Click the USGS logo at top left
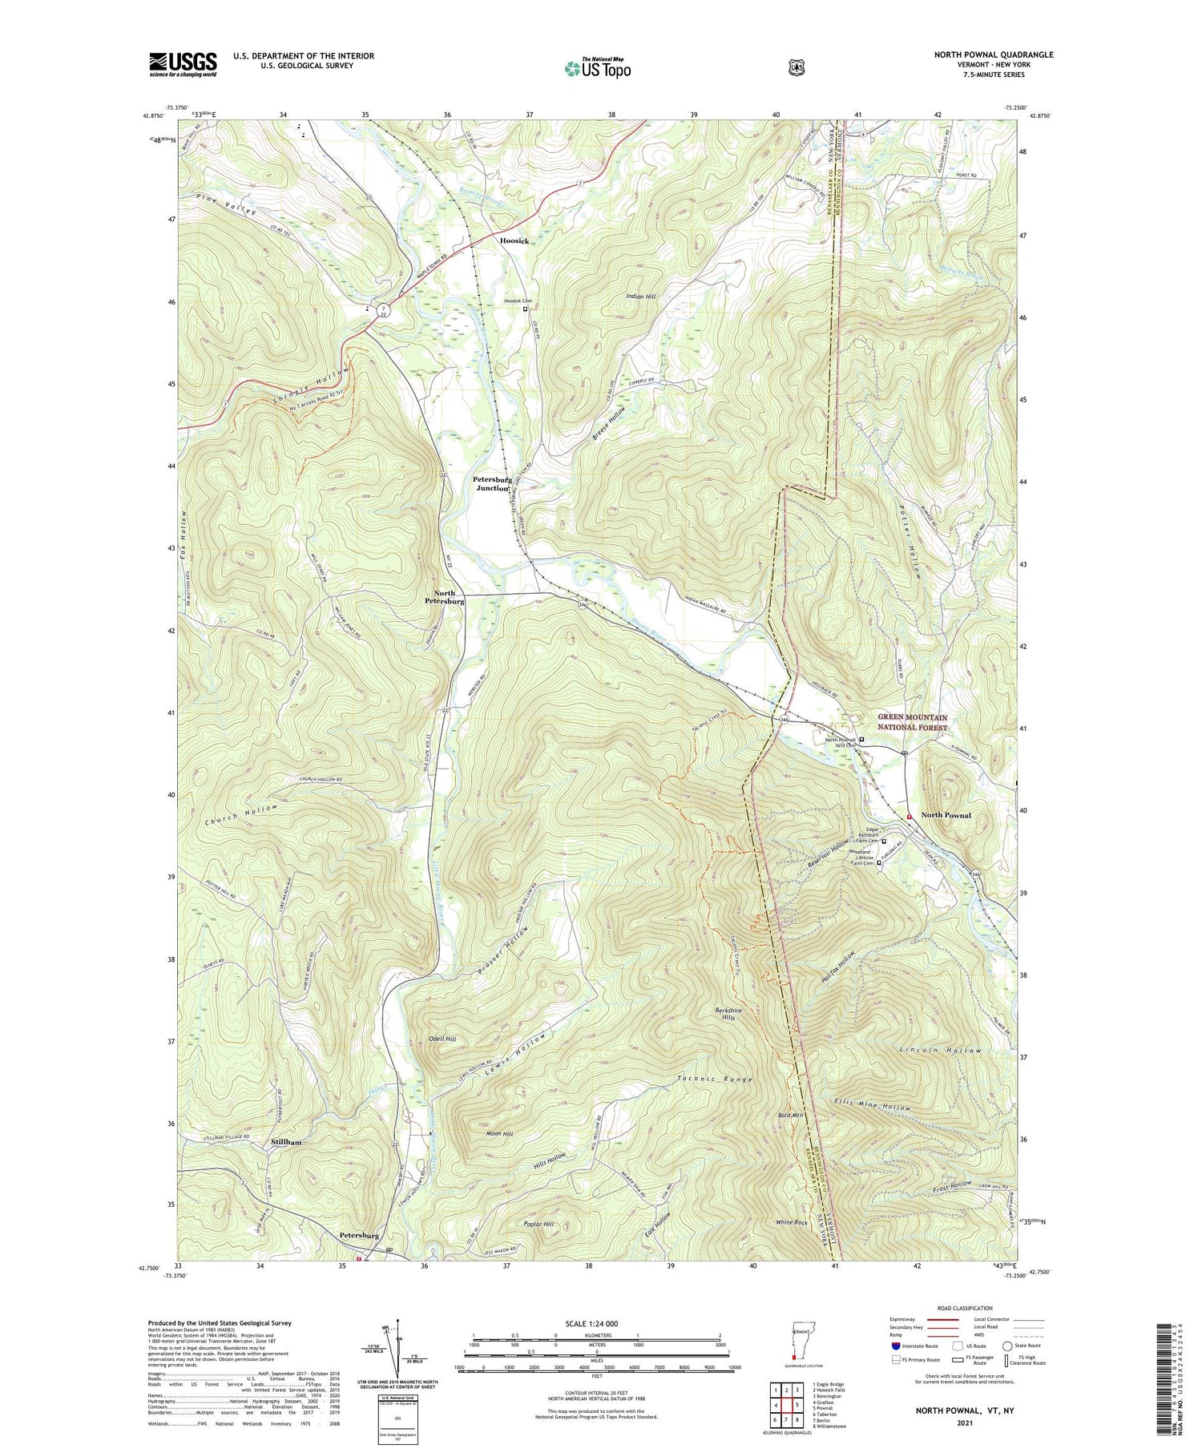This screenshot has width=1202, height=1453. (x=183, y=64)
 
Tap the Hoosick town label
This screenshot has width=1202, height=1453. (x=514, y=240)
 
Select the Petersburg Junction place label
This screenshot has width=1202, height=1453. (x=491, y=483)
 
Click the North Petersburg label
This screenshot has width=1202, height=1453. (x=444, y=597)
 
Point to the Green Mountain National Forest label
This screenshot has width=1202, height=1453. (x=912, y=722)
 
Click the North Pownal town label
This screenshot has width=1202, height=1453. (x=946, y=815)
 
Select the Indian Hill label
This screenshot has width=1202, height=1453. (x=641, y=297)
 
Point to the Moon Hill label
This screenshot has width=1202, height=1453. (x=499, y=1133)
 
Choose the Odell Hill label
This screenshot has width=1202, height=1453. (x=442, y=1039)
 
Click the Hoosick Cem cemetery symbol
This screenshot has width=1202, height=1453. (x=526, y=309)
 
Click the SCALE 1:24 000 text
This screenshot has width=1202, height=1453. (x=590, y=1323)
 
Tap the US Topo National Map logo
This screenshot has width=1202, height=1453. (x=597, y=68)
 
